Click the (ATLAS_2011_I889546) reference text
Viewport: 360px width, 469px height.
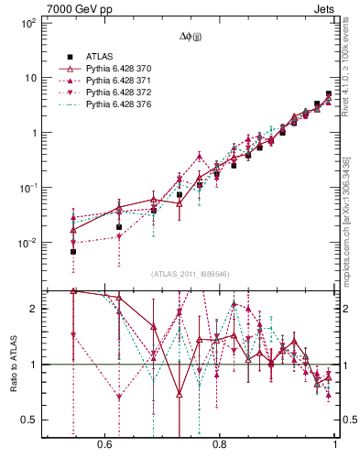point(191,274)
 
